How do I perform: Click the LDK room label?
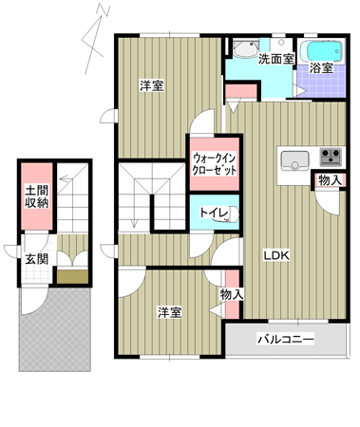point(276,255)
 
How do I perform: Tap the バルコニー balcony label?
point(286,339)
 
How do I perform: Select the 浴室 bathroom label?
point(321,68)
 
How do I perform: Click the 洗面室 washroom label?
point(276,59)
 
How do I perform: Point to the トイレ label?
point(214,213)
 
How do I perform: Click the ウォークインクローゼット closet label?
point(215,164)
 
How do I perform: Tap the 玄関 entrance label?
point(37,259)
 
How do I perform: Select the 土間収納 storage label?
point(37,196)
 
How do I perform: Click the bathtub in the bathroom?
point(321,51)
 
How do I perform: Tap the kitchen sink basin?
point(294,160)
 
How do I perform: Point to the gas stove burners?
point(331,157)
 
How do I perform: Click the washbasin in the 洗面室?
point(246,48)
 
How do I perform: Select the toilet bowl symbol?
point(234,214)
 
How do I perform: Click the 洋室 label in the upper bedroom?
point(152,85)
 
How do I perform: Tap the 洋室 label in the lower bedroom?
point(170,312)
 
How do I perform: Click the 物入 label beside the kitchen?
point(330,180)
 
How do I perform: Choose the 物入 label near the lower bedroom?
point(232,295)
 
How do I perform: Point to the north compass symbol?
point(96,39)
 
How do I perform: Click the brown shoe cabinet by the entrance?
point(72,277)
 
